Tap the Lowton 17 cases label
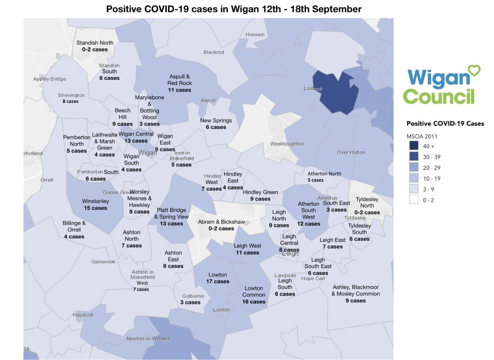218,278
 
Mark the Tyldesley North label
367,206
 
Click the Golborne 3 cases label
190,299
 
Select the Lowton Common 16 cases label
254,295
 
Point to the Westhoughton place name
287,144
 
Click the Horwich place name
255,35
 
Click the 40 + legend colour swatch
413,146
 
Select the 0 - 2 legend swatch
413,200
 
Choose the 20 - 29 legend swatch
413,167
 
